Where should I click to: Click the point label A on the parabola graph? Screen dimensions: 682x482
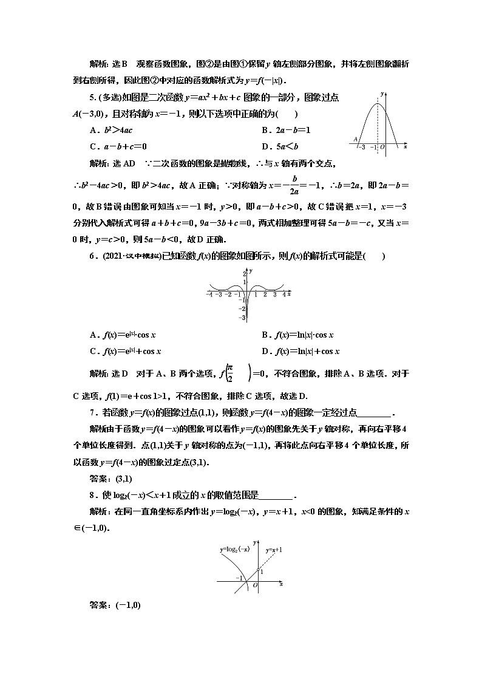(355, 139)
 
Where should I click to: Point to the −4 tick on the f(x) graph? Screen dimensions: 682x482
(209, 295)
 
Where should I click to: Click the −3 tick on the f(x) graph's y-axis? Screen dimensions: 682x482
(243, 317)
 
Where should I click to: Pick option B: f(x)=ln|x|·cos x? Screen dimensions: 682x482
(297, 335)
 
